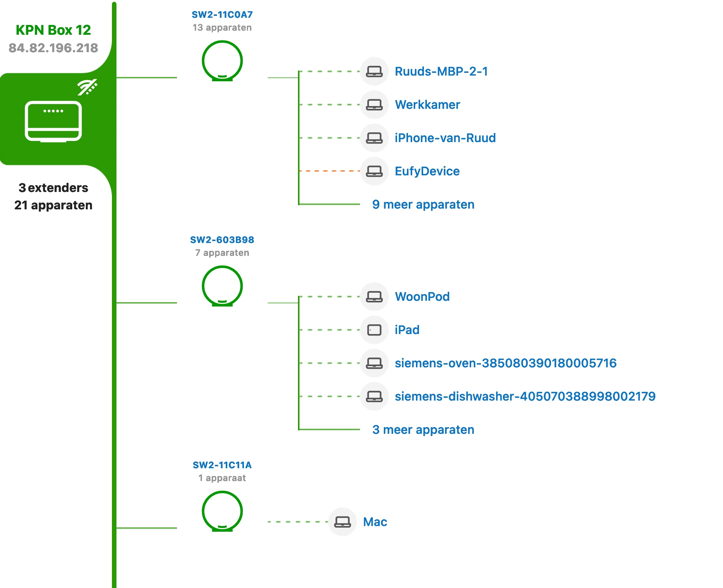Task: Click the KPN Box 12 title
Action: click(x=53, y=30)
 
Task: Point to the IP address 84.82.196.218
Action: click(x=53, y=48)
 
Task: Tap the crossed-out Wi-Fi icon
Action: click(x=87, y=87)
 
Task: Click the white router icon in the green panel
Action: click(x=53, y=121)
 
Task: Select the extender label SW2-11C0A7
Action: click(x=222, y=15)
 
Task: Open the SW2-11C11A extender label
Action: click(x=222, y=465)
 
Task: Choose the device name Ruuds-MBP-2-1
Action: click(x=441, y=71)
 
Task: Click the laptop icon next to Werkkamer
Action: click(x=374, y=105)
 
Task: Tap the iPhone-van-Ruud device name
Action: click(x=445, y=138)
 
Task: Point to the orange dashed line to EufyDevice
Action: click(x=329, y=171)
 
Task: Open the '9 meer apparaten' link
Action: click(x=423, y=204)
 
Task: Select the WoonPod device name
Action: click(x=422, y=297)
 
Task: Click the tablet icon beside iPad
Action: click(x=374, y=330)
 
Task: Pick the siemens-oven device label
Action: click(x=506, y=363)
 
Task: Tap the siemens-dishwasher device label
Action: click(x=525, y=396)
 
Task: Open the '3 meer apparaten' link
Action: click(x=423, y=430)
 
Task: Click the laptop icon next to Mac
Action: click(x=343, y=522)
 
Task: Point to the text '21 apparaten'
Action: click(x=53, y=205)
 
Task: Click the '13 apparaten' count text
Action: click(x=222, y=28)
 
